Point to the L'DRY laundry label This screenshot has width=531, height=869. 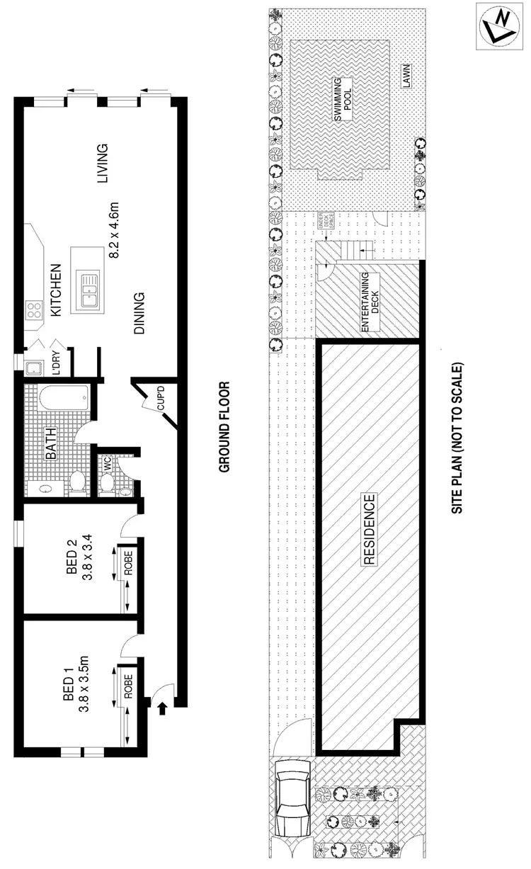click(x=56, y=362)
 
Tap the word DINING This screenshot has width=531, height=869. click(x=139, y=312)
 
